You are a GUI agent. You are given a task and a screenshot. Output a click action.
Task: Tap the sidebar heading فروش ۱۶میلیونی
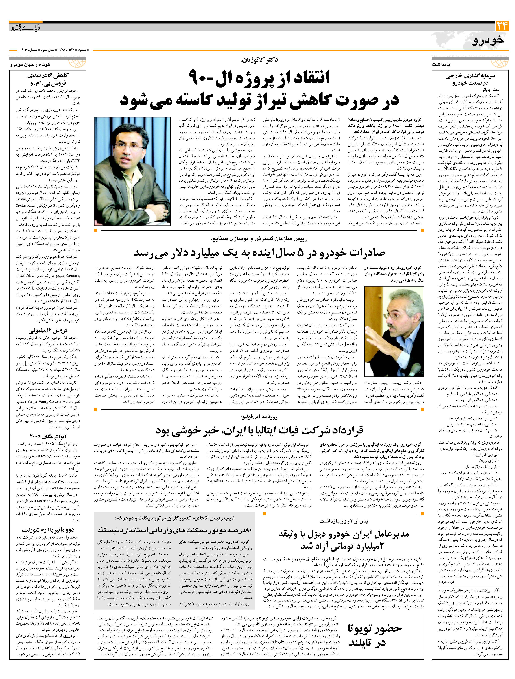tap(48, 331)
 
